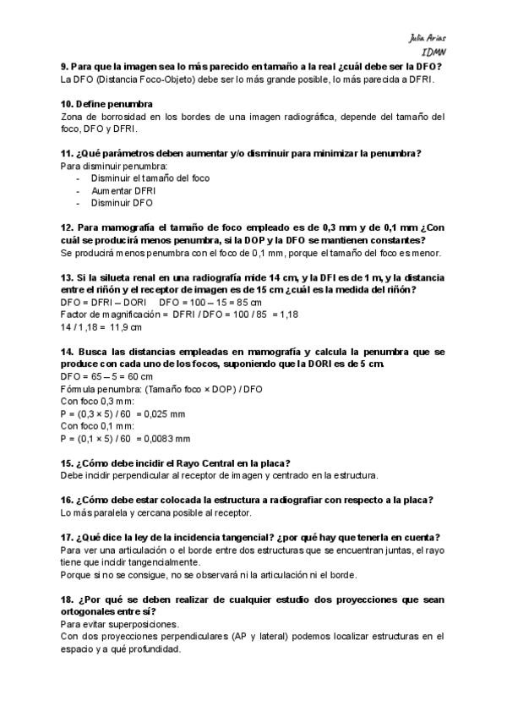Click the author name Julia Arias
point(427,39)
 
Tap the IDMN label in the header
point(433,52)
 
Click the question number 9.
point(64,67)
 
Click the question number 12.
point(67,227)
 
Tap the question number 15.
point(67,462)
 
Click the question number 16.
point(67,500)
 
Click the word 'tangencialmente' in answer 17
point(140,562)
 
